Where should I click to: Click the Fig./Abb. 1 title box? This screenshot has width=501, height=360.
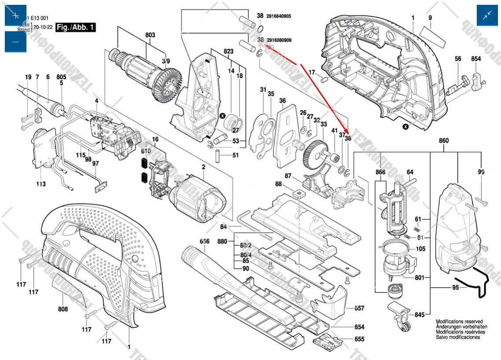(x=76, y=27)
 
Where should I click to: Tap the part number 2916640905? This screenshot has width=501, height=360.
(x=279, y=16)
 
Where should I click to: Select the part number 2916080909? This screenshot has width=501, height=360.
(x=279, y=40)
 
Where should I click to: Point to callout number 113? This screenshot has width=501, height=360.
(x=41, y=184)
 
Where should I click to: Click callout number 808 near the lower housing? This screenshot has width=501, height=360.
(x=63, y=309)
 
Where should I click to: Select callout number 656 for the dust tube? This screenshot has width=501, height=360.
(x=204, y=241)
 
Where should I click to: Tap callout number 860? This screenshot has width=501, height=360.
(x=443, y=141)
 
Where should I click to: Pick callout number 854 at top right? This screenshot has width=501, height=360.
(x=476, y=59)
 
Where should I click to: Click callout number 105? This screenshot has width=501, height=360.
(x=420, y=249)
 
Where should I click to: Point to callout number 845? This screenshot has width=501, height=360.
(x=419, y=315)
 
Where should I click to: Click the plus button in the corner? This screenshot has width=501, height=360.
(x=15, y=15)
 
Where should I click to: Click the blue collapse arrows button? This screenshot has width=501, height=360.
(x=487, y=15)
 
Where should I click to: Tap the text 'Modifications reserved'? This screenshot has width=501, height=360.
(x=459, y=322)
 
